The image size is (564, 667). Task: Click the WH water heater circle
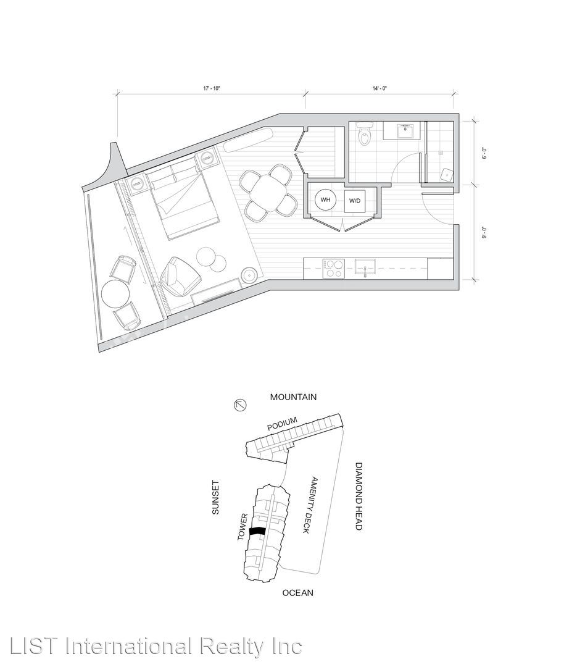(x=325, y=200)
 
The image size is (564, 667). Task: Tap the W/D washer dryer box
(x=355, y=200)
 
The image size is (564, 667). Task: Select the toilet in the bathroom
(x=365, y=133)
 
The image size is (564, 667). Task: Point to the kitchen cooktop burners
(x=333, y=269)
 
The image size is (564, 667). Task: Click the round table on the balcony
(x=115, y=294)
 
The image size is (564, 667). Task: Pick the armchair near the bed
(x=180, y=277)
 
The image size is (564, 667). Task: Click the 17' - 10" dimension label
(x=212, y=88)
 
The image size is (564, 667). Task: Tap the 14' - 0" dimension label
(x=379, y=88)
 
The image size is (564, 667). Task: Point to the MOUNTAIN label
(x=293, y=397)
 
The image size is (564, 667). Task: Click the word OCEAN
(x=298, y=592)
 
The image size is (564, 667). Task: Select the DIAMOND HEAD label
(x=359, y=496)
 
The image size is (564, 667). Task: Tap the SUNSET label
(x=215, y=497)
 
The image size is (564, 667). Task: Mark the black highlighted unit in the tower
(x=257, y=531)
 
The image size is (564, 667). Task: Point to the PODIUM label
(x=282, y=424)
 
